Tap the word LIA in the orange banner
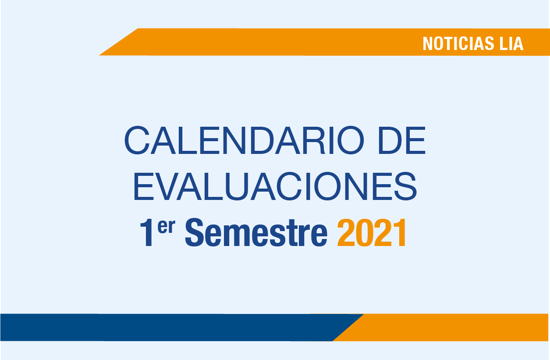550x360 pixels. [511, 43]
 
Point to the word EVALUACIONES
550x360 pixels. [275, 186]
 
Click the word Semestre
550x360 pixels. [256, 232]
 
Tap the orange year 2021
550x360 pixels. [372, 233]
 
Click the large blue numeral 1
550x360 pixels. [147, 232]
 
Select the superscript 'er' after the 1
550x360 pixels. [166, 227]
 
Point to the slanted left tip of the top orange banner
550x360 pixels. [99, 55]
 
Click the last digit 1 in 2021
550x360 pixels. [400, 233]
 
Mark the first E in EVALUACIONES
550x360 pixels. [144, 186]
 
